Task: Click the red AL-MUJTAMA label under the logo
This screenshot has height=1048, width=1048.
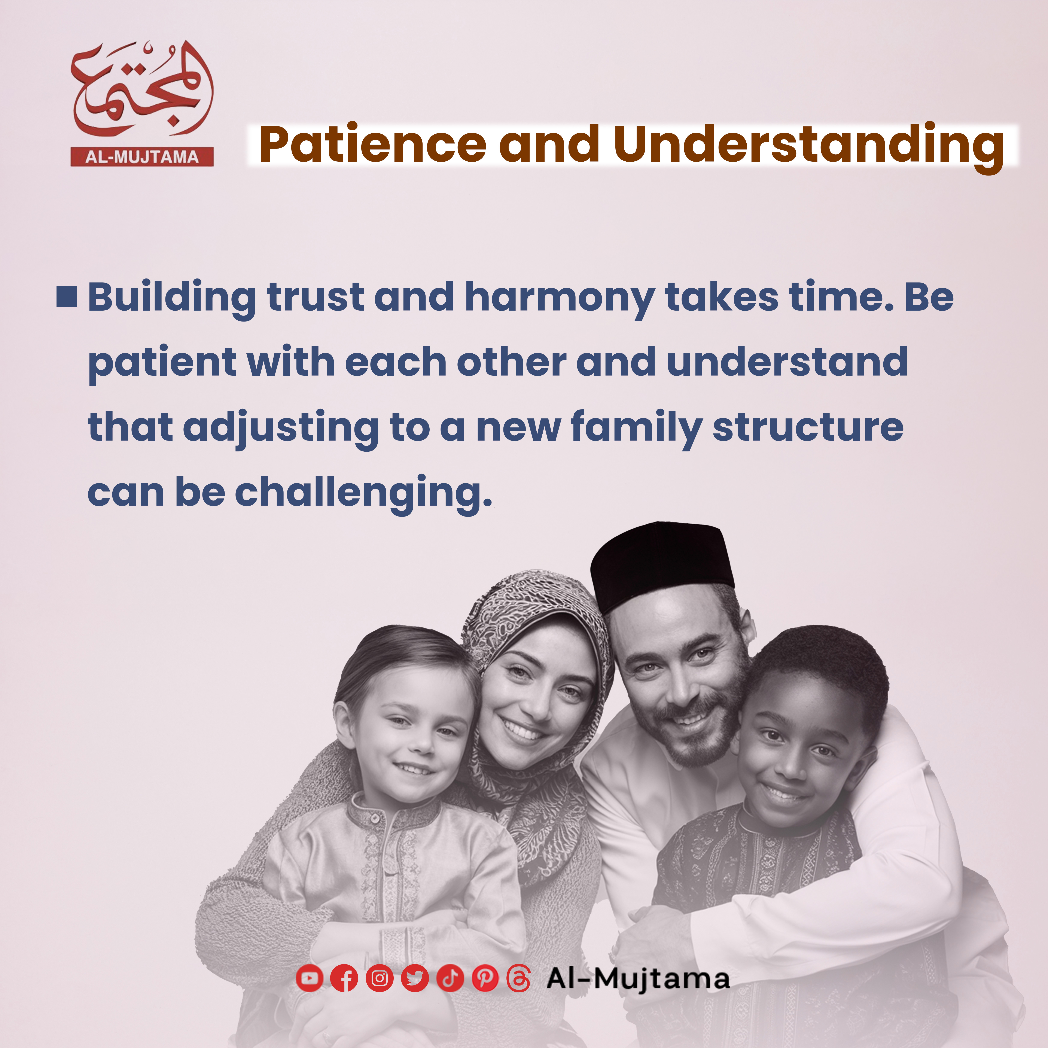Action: (x=142, y=157)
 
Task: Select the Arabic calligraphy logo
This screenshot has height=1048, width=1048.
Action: (x=142, y=89)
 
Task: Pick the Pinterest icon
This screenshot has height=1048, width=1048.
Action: (x=485, y=978)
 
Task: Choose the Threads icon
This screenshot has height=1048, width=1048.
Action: (x=519, y=978)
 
